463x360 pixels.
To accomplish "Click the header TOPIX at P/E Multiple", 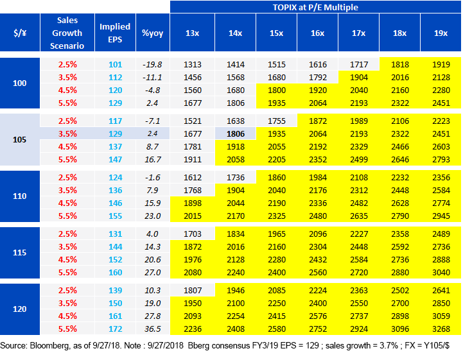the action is (315, 7).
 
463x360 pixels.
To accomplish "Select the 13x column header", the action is (192, 33).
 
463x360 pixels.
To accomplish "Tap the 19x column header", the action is (441, 33).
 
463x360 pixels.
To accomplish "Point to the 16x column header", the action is (317, 33).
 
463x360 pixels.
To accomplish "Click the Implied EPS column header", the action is (115, 33).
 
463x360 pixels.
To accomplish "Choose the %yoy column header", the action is (152, 33).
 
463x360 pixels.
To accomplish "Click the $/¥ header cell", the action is (20, 33).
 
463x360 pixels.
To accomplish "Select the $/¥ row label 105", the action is (19, 140).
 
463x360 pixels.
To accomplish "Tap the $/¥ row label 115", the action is (19, 253).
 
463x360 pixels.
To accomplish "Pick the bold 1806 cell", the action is (236, 134).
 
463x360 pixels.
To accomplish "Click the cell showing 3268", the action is (441, 329).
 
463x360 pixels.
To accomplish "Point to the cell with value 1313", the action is (193, 64).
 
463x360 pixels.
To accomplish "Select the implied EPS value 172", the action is (115, 329).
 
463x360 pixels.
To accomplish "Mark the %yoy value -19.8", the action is (152, 64).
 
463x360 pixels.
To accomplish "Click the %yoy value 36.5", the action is (152, 329).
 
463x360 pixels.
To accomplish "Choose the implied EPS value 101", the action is (115, 64).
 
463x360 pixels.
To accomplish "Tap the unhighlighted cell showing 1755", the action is (277, 121).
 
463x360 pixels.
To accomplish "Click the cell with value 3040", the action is (441, 272).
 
